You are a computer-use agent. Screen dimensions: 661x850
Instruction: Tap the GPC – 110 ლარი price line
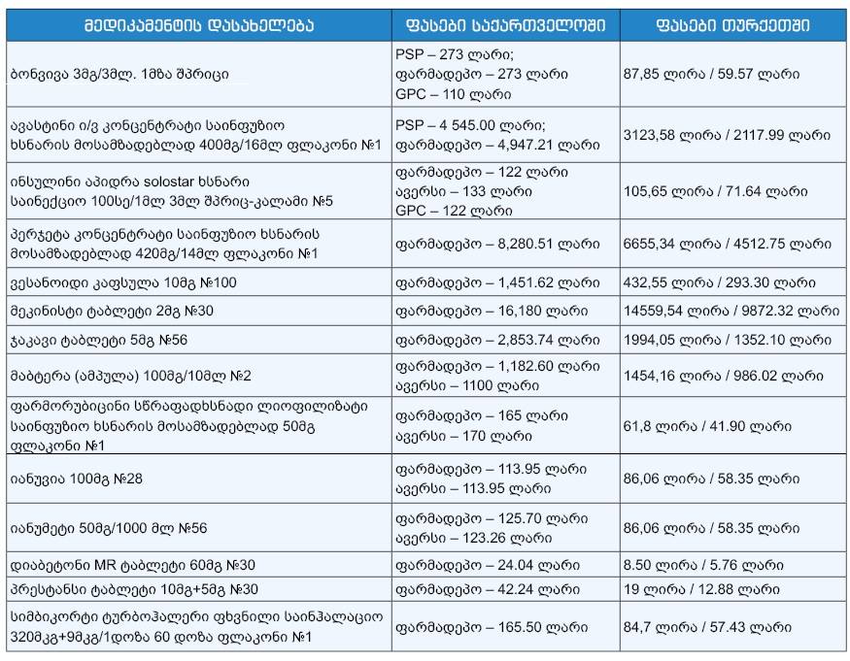tap(455, 95)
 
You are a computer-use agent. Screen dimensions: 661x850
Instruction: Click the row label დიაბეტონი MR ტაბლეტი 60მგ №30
tap(141, 564)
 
